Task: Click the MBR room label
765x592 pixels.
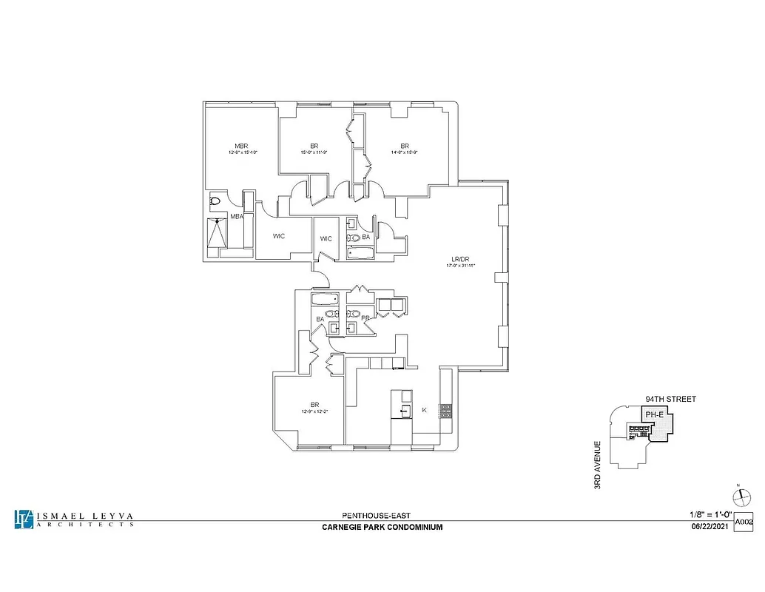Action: (x=241, y=146)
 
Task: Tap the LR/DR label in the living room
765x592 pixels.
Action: (x=462, y=259)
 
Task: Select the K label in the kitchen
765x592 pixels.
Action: (x=424, y=409)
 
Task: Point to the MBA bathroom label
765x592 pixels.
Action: (x=237, y=217)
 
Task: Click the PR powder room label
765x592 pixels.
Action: (x=365, y=318)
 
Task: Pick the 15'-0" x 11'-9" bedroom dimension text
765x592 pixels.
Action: (x=314, y=153)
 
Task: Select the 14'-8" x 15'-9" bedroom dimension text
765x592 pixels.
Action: (x=405, y=153)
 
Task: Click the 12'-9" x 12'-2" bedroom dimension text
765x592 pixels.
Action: (x=314, y=411)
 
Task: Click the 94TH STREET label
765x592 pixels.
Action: (x=670, y=399)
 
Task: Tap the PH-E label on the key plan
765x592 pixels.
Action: (x=654, y=415)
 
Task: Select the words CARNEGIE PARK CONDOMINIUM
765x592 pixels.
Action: (x=382, y=527)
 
